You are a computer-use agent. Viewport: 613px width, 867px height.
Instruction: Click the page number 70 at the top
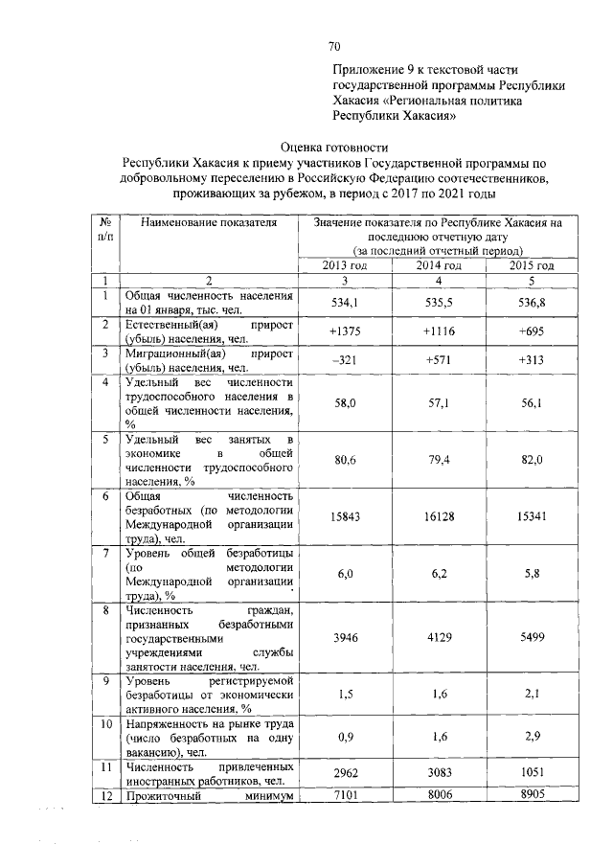[x=334, y=46]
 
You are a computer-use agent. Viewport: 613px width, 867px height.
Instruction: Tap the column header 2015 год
[x=532, y=265]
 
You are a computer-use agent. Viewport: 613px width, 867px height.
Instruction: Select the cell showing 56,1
[x=532, y=404]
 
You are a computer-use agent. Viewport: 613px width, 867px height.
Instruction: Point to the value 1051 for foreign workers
[x=532, y=771]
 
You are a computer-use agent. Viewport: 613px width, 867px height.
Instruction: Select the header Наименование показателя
[x=208, y=223]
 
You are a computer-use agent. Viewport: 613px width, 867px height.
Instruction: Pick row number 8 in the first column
[x=106, y=609]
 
